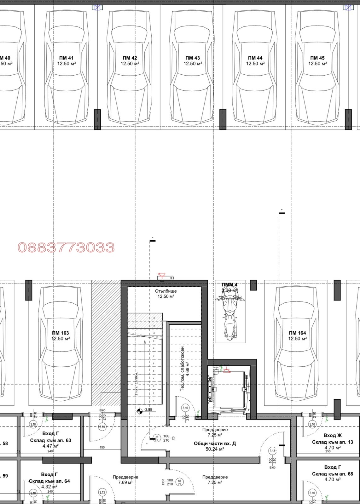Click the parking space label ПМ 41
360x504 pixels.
click(66, 58)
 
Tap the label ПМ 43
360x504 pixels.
click(193, 58)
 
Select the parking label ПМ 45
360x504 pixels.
click(317, 58)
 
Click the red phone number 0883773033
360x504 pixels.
click(66, 248)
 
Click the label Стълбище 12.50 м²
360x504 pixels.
click(166, 294)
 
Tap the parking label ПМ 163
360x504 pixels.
click(61, 333)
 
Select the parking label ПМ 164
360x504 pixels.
click(297, 333)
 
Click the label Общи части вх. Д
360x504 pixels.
click(215, 444)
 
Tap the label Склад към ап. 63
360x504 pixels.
click(50, 440)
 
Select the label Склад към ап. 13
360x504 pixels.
click(333, 442)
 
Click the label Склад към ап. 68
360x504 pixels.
click(333, 474)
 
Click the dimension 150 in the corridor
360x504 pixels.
click(102, 447)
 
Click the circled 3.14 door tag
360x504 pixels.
click(157, 438)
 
